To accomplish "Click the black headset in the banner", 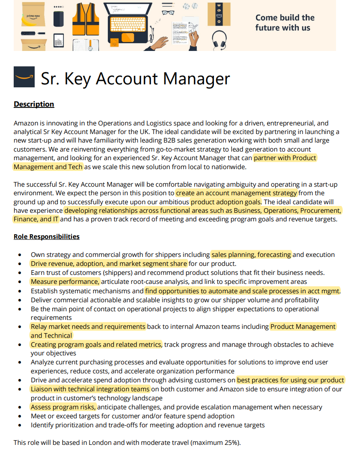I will point(219,40).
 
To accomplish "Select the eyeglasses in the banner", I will point(168,12).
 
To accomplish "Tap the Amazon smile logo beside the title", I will point(24,77).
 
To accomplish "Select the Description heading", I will point(34,104).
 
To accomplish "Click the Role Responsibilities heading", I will point(46,236).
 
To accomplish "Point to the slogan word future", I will point(270,28).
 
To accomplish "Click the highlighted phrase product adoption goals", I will point(226,202).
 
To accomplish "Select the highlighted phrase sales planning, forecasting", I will point(251,255).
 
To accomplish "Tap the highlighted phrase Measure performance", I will point(65,281).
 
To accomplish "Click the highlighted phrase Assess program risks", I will point(63,407).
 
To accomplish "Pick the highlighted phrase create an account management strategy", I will point(236,193).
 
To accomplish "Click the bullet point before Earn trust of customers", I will point(20,273).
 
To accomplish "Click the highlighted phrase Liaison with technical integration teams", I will point(90,389).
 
